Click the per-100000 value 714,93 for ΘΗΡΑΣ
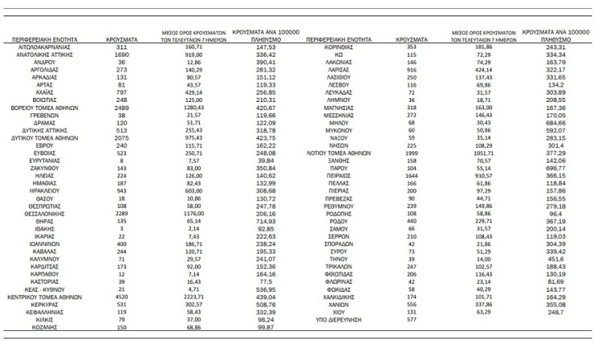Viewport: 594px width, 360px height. [268, 221]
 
